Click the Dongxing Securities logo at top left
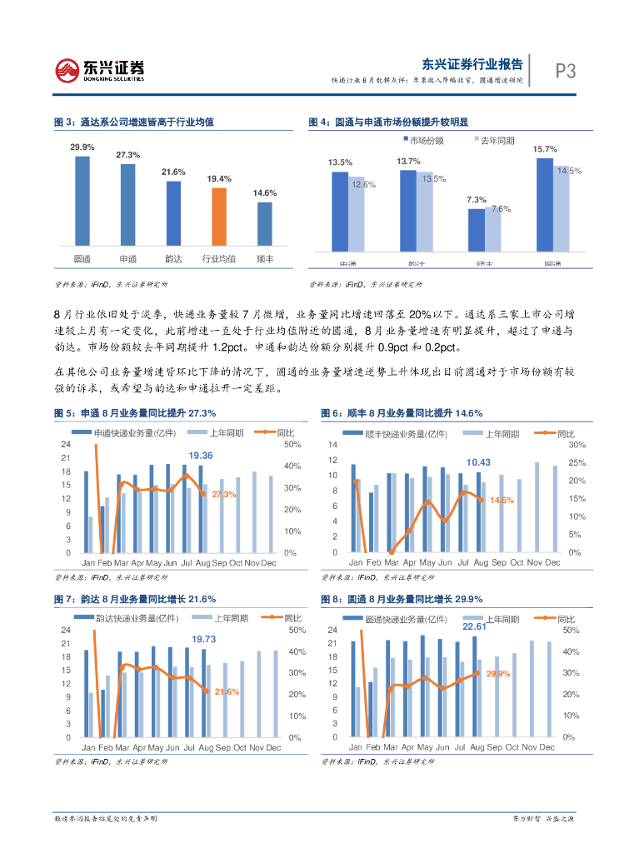click(99, 70)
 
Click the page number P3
click(566, 72)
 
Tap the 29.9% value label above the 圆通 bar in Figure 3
click(82, 147)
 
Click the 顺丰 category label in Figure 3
click(265, 259)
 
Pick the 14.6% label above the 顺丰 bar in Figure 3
click(265, 192)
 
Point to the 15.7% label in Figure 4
click(544, 149)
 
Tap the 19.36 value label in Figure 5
click(201, 456)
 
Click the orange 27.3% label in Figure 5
click(224, 494)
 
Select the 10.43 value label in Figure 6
click(478, 462)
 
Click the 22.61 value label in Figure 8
click(474, 626)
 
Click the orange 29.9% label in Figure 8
click(497, 673)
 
